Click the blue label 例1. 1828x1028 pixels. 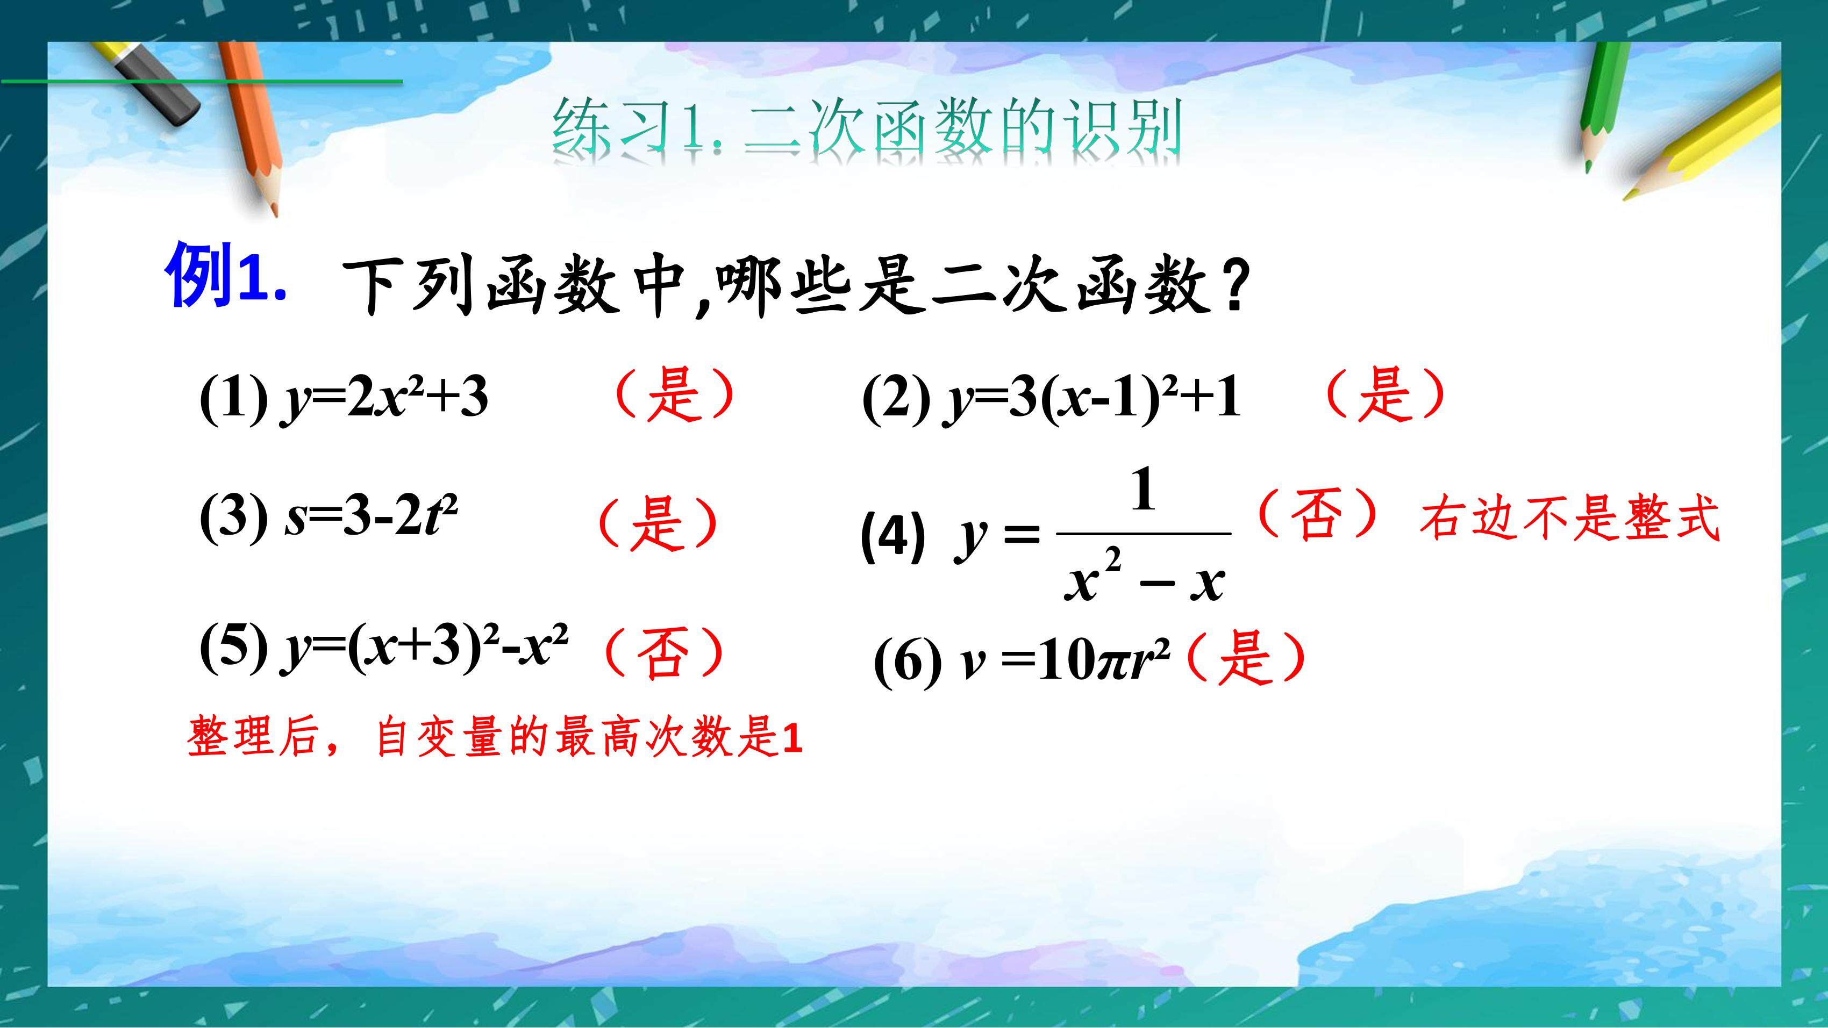point(226,275)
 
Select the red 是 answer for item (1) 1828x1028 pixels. point(674,394)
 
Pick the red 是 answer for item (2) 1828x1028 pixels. point(1384,394)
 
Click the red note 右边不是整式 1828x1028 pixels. point(1569,519)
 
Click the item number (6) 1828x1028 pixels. point(908,663)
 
